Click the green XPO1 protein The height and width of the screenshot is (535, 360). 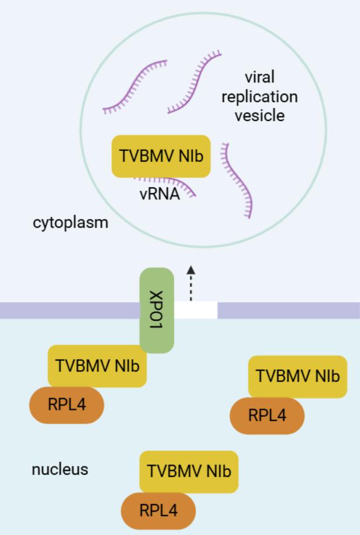156,310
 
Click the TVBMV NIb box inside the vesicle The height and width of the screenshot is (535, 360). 161,156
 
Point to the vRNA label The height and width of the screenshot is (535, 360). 160,195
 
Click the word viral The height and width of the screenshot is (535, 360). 259,77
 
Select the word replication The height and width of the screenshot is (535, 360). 259,96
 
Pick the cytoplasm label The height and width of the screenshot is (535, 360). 70,223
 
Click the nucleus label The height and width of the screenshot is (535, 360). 60,469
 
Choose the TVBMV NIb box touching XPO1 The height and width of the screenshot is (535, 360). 97,365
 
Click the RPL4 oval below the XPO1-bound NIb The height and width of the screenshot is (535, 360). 67,404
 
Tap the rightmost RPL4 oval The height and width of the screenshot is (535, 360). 267,415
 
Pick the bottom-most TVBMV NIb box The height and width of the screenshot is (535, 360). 189,471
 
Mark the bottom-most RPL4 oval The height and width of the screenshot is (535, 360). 158,510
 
